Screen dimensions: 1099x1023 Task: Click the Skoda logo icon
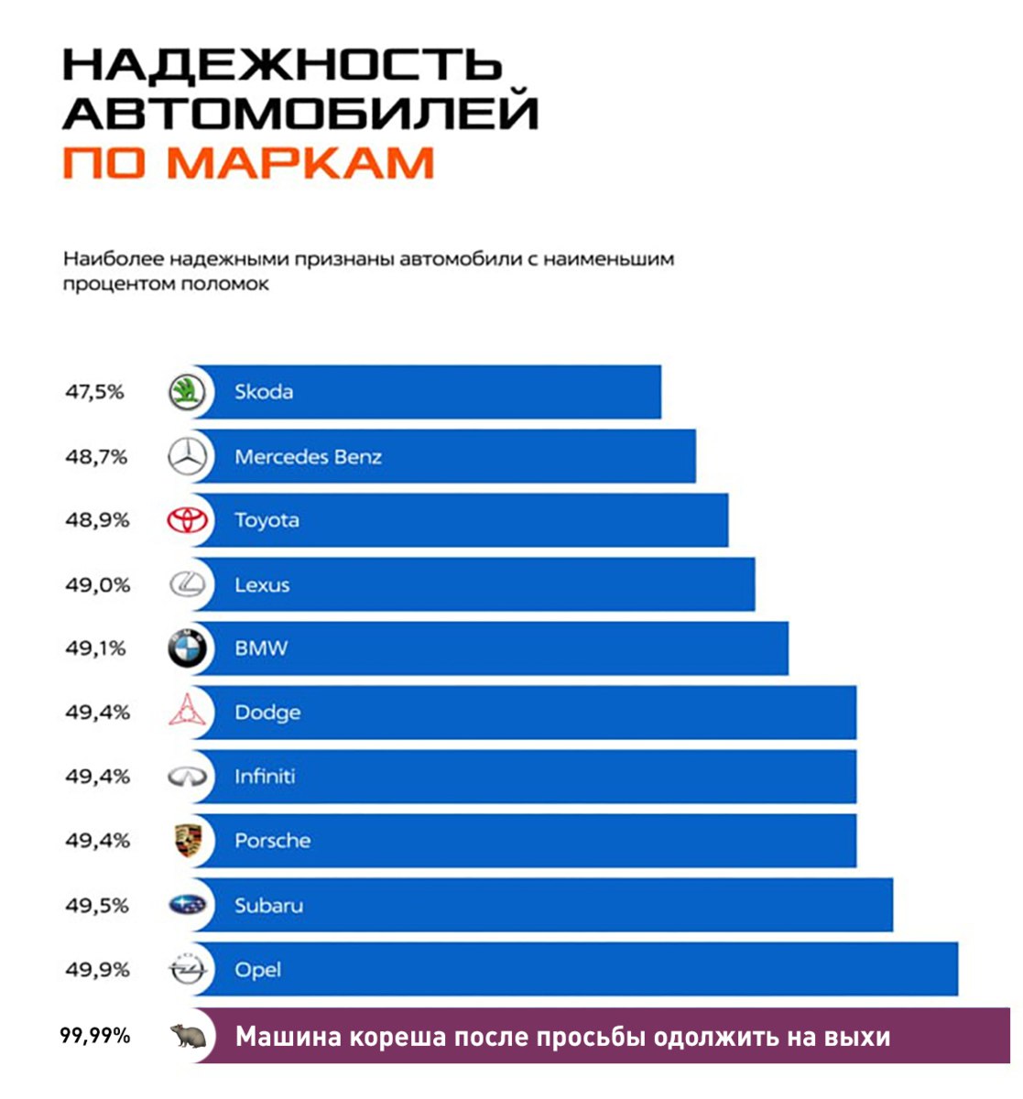[x=188, y=393]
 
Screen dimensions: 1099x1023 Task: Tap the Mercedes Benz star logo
[x=188, y=457]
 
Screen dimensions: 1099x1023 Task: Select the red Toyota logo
[x=188, y=520]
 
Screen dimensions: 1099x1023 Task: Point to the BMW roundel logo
[x=188, y=649]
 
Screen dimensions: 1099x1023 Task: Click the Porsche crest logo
[x=188, y=841]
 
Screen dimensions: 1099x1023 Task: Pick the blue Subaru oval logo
[x=188, y=906]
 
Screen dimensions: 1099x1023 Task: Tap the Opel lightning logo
[x=188, y=970]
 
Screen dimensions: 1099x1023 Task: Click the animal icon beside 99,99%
[x=188, y=1036]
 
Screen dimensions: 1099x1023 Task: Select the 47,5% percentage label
[x=94, y=392]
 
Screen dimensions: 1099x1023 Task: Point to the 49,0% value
[x=97, y=584]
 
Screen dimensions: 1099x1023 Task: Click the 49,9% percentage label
[x=97, y=970]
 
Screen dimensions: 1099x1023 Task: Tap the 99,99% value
[x=95, y=1037]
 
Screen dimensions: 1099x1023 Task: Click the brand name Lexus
[x=262, y=585]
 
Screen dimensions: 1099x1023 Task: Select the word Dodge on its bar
[x=267, y=713]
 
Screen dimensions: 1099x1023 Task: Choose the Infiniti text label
[x=265, y=777]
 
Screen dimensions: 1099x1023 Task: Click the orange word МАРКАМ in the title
[x=301, y=162]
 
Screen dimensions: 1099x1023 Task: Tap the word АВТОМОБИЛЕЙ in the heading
[x=300, y=114]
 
